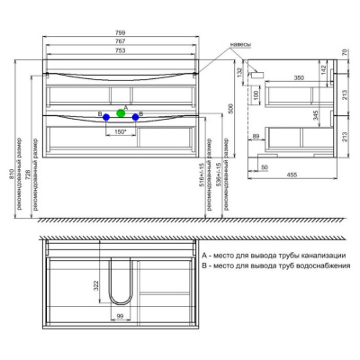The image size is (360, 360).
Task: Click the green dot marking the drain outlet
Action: coord(121,114)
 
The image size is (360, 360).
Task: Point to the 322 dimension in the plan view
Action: coord(95,285)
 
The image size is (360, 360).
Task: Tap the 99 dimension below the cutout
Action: coord(118,319)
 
